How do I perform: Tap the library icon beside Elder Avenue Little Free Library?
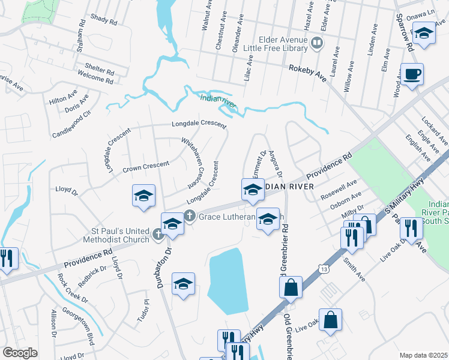click(316, 42)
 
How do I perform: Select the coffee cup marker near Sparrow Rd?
click(412, 75)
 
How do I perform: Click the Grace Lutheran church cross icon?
click(189, 216)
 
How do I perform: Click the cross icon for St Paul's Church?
click(158, 235)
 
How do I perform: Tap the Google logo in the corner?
click(20, 353)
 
